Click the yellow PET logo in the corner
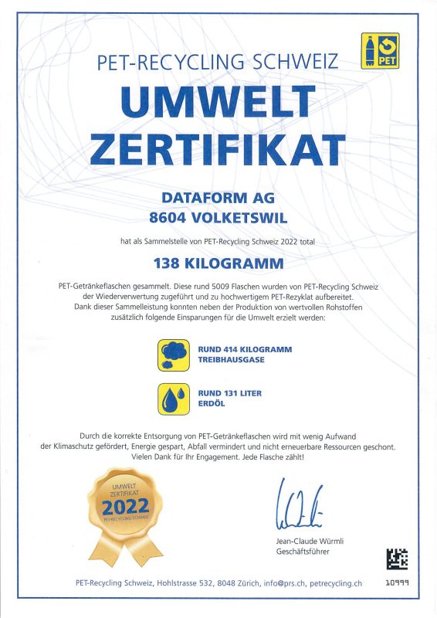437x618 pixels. [x=380, y=51]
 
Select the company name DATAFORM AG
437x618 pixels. [x=218, y=198]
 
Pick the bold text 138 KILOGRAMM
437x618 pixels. [x=218, y=264]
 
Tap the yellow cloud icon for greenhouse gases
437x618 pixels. [x=173, y=355]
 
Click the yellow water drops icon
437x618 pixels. [x=173, y=399]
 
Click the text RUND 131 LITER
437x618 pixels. [x=229, y=393]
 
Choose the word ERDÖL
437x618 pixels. [x=208, y=404]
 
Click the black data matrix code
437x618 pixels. [x=397, y=558]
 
